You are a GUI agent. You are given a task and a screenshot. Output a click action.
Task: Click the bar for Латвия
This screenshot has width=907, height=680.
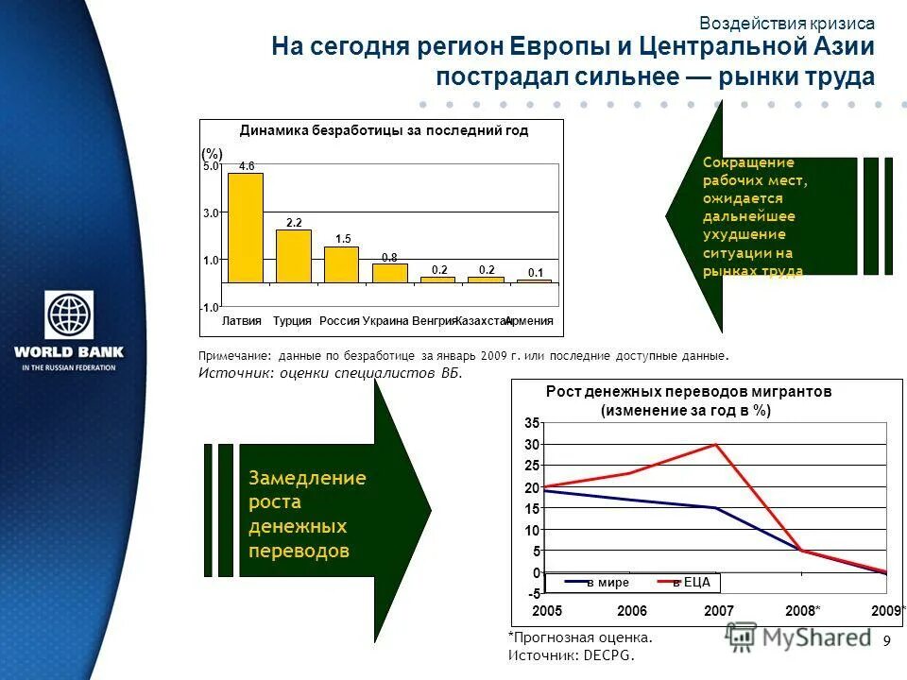click(x=246, y=228)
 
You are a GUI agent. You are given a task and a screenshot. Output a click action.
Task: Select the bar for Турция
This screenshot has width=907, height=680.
click(x=294, y=256)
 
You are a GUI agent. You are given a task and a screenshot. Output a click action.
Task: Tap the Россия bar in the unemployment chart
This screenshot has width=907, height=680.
click(x=341, y=264)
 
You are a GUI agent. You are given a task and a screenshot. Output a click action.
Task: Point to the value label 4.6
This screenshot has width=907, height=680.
click(x=247, y=166)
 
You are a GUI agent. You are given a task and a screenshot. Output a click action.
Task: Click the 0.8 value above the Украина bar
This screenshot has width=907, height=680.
click(x=389, y=257)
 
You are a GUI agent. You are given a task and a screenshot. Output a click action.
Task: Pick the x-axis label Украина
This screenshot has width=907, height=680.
click(x=385, y=321)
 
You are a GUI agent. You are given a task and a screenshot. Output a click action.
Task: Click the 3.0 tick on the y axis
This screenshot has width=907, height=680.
click(x=211, y=213)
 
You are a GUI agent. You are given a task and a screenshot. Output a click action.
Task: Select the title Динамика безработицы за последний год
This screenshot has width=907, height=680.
click(x=384, y=131)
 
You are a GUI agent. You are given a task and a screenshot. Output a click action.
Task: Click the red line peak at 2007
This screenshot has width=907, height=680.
click(x=716, y=444)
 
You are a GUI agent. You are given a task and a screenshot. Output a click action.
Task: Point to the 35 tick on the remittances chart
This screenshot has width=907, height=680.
click(x=532, y=422)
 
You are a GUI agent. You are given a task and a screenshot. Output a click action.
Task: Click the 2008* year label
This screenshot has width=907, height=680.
click(x=803, y=611)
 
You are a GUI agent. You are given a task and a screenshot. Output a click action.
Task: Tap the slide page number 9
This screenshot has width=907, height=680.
click(x=886, y=642)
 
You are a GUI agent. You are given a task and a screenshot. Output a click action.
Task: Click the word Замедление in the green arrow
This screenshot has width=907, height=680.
click(x=307, y=478)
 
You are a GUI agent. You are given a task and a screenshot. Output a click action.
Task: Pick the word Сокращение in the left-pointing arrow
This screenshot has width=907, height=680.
click(x=748, y=162)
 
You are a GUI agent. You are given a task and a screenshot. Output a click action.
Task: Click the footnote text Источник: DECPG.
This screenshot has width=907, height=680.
click(x=572, y=654)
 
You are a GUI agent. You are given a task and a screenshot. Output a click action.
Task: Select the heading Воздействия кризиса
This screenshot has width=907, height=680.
click(x=787, y=24)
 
